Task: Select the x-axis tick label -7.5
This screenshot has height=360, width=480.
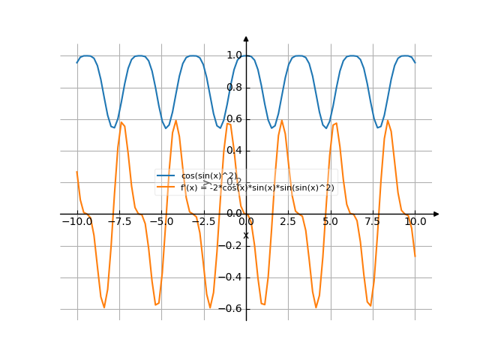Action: tap(118, 222)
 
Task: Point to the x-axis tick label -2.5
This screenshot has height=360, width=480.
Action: tap(202, 222)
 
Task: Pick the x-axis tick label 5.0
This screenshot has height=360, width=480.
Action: tap(331, 222)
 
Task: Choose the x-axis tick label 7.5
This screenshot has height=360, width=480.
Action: tap(373, 222)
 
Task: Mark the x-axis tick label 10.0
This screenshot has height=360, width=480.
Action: tap(415, 222)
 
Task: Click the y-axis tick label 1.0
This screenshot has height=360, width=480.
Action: tap(233, 55)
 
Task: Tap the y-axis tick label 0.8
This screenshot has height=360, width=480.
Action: tap(233, 87)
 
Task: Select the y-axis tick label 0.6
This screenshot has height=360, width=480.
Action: tap(233, 118)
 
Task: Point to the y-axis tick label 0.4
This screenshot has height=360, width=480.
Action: tap(233, 151)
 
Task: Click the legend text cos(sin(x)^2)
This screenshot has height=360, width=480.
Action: tap(208, 176)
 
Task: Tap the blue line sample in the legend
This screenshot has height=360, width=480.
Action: tap(166, 176)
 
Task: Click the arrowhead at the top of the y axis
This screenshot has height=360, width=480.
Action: tap(246, 38)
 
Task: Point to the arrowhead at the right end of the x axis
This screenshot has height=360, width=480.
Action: tap(436, 214)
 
